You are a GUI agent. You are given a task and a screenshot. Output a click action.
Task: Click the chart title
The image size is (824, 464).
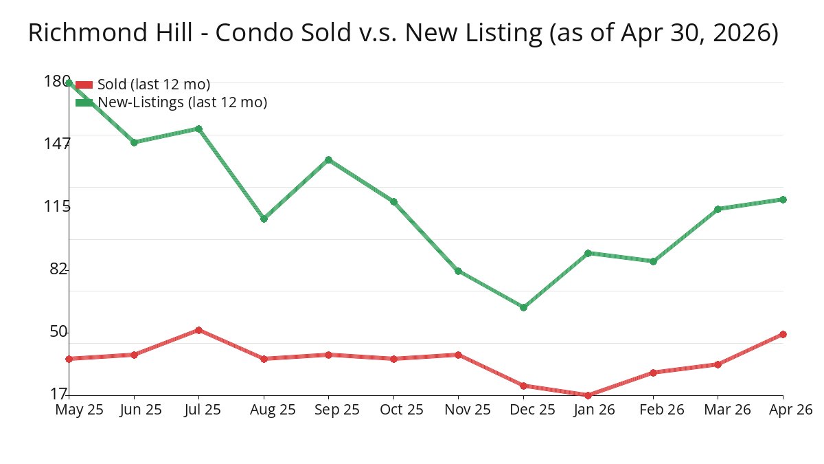point(403,33)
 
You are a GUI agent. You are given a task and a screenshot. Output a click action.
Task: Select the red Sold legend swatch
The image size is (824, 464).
point(84,85)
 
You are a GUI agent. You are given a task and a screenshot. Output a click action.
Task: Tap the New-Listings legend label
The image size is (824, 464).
point(183,102)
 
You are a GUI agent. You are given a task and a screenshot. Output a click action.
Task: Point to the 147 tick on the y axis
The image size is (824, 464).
point(56,144)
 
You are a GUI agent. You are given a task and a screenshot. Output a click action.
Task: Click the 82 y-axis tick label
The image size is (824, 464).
point(58,269)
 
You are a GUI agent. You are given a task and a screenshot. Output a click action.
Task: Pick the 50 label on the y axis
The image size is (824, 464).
point(58,332)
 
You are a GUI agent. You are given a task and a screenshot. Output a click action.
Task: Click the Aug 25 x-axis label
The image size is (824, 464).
point(273,410)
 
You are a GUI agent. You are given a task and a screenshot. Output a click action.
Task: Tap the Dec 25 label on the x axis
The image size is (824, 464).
point(532,410)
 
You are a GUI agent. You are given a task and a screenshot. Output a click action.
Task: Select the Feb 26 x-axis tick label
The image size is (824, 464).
point(662,410)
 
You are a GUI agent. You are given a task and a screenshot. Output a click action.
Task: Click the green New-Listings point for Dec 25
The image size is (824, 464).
point(523,307)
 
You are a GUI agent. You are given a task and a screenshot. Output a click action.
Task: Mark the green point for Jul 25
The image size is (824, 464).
point(198,129)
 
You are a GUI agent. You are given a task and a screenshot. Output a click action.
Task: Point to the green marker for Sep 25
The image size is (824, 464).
point(328,159)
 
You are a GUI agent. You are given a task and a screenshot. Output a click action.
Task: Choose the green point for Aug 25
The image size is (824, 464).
point(264,219)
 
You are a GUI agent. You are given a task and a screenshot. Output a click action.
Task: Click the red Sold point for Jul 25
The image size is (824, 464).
point(198,331)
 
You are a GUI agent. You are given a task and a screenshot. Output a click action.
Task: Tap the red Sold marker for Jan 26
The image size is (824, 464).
point(588,395)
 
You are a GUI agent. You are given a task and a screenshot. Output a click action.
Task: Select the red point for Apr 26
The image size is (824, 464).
point(783,334)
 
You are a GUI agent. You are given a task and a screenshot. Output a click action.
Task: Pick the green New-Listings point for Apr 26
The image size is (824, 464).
point(783,199)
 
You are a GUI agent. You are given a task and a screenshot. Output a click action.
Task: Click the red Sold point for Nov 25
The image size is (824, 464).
point(458,355)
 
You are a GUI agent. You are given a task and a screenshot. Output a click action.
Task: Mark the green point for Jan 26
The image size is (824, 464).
point(588,254)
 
